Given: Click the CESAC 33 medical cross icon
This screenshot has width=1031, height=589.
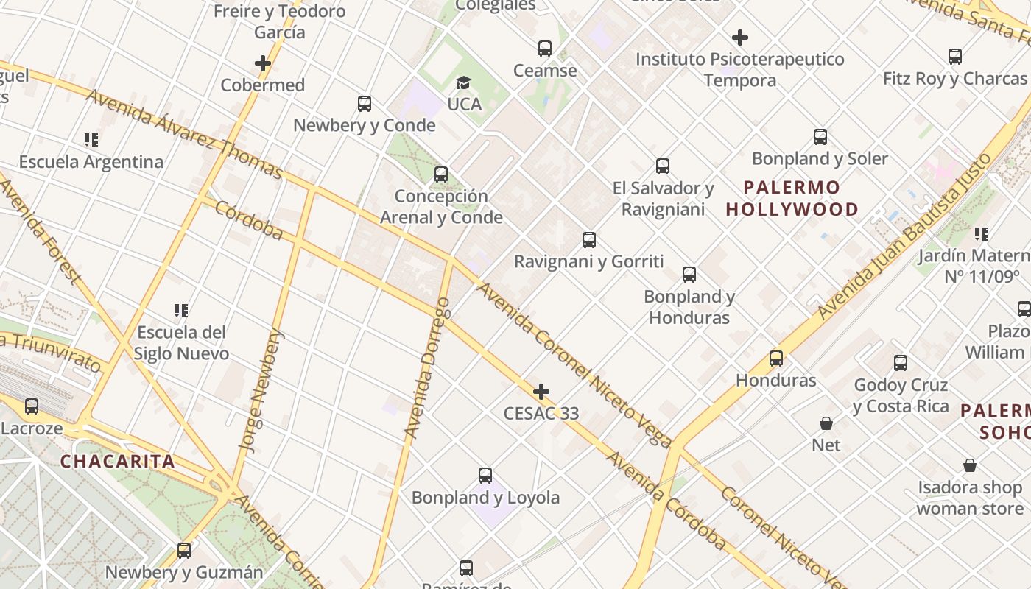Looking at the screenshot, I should pyautogui.click(x=541, y=391).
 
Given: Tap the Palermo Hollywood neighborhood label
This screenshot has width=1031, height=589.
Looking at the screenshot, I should pyautogui.click(x=792, y=198).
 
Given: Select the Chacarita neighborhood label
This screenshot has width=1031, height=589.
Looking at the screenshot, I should pyautogui.click(x=118, y=462).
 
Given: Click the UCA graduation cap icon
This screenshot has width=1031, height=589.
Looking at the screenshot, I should pyautogui.click(x=463, y=82).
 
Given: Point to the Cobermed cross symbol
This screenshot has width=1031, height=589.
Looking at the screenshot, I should pyautogui.click(x=263, y=63).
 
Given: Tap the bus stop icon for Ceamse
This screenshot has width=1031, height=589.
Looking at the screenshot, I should pyautogui.click(x=545, y=49).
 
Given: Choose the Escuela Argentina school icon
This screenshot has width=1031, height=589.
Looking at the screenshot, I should pyautogui.click(x=91, y=139).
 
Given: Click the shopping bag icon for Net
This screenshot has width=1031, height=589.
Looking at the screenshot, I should pyautogui.click(x=826, y=423).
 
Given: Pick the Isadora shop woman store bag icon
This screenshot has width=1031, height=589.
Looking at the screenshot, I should pyautogui.click(x=970, y=465).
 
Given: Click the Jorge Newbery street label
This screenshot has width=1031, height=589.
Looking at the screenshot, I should pyautogui.click(x=261, y=389).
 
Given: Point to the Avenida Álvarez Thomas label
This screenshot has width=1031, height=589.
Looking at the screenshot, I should pyautogui.click(x=184, y=133).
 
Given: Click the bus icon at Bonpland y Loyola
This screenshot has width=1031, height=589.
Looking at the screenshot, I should pyautogui.click(x=485, y=476).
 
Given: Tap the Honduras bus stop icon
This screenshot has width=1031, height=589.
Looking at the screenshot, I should pyautogui.click(x=776, y=359).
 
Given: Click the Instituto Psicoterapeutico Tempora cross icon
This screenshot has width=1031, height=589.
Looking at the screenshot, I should pyautogui.click(x=740, y=37).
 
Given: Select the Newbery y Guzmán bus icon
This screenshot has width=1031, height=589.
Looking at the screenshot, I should pyautogui.click(x=184, y=550).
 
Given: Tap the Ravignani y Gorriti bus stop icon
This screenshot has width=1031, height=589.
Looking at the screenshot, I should pyautogui.click(x=589, y=239).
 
